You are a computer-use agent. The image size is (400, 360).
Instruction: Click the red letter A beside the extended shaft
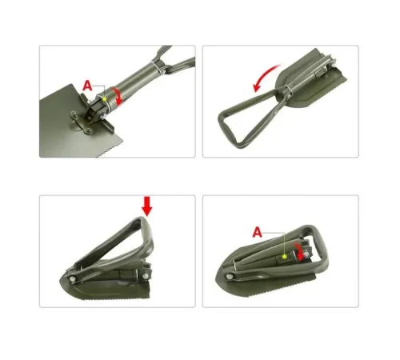click(88, 86)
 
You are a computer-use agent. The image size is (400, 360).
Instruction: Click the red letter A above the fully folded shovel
click(258, 232)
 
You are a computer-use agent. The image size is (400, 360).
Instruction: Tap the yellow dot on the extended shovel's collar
click(105, 99)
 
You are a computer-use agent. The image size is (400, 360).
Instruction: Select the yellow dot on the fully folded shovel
click(285, 257)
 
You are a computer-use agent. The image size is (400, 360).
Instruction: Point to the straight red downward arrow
click(147, 206)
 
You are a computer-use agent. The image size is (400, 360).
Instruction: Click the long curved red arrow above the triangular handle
click(266, 78)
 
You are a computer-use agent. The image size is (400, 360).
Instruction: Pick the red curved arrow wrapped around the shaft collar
click(118, 95)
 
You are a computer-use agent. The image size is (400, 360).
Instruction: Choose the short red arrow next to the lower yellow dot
click(299, 251)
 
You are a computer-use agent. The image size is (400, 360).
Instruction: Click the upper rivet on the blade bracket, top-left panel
click(74, 115)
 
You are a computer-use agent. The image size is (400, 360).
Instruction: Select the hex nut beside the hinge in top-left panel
click(102, 116)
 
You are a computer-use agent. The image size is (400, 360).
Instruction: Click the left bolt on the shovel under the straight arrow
click(72, 279)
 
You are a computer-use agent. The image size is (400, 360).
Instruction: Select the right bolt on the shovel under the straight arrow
click(146, 276)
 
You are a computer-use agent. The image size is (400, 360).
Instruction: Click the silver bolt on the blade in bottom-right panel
click(229, 277)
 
